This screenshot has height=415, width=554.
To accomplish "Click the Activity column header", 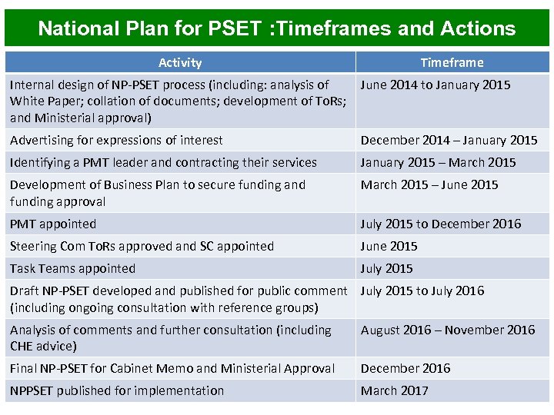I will (x=180, y=63).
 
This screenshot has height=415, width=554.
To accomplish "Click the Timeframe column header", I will (x=452, y=63).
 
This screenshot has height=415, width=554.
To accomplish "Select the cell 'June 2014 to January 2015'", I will (x=436, y=85).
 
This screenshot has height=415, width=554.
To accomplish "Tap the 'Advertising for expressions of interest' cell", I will (x=116, y=141).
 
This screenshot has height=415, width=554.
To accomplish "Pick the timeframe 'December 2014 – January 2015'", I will (x=449, y=141).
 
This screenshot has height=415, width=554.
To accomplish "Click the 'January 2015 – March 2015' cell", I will (x=438, y=163).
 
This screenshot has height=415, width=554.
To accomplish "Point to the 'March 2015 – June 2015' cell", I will (x=429, y=185).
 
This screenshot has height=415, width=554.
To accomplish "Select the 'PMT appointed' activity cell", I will (x=53, y=224).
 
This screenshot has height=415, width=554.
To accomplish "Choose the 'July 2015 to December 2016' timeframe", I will (x=440, y=224).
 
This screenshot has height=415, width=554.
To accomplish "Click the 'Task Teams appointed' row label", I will (x=72, y=269).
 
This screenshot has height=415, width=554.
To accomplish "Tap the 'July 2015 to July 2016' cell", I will (x=422, y=291).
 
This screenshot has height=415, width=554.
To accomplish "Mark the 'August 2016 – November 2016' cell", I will (x=448, y=330).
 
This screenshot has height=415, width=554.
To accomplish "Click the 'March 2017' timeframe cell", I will (x=395, y=391).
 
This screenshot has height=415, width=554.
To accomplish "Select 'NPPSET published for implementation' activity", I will (x=117, y=391).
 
